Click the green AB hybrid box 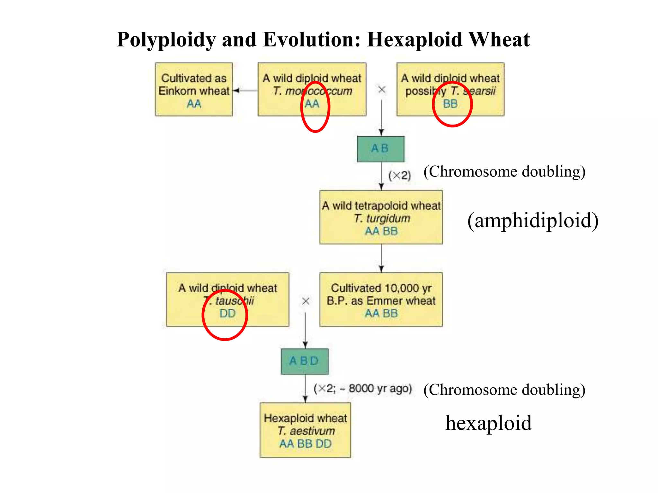coord(381,149)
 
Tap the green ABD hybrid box coord(304,361)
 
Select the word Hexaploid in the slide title coord(414,40)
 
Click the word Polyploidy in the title coord(166,40)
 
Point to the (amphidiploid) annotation coord(533,221)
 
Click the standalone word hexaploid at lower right coord(488,423)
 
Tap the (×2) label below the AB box coord(399,176)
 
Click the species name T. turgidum coord(382,219)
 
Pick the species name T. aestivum coord(306,431)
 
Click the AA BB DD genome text coord(305,444)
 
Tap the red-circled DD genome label coord(227,314)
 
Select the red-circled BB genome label coord(450,104)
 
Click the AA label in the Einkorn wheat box coord(194,104)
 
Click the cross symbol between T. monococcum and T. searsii coord(382,90)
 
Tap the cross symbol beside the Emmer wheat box coord(306,301)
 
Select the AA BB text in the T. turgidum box coord(381,231)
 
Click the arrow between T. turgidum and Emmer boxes coord(381,258)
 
